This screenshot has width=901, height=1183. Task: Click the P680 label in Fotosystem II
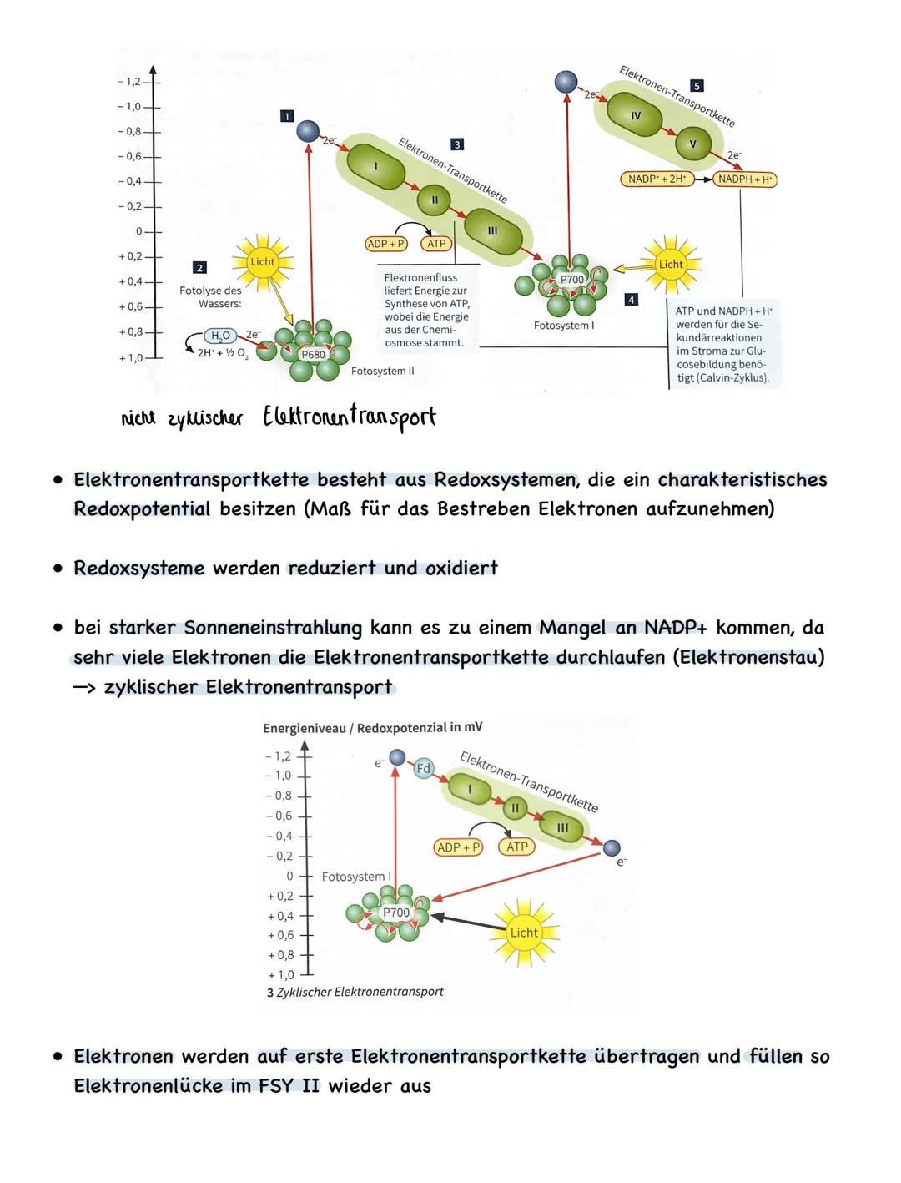point(314,355)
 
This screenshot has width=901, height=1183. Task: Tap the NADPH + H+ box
point(745,179)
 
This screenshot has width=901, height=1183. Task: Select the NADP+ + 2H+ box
point(657,179)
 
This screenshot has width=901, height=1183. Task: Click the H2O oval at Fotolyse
point(221,336)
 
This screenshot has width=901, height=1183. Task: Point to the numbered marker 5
point(697,86)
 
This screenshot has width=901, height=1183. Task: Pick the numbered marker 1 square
point(286,115)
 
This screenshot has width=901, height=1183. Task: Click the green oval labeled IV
point(636,115)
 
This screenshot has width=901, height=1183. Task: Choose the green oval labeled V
point(692,144)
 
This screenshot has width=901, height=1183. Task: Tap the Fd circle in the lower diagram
point(423,768)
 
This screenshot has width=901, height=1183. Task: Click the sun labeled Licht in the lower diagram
point(524,933)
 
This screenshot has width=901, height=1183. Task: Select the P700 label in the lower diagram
point(396,913)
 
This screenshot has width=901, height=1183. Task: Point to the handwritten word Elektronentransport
point(350,417)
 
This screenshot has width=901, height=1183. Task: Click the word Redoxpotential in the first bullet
point(142,509)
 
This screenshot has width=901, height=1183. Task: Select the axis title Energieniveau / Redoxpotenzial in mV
point(372,728)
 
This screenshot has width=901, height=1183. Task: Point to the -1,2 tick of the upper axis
point(130,83)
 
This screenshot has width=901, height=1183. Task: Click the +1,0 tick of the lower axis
point(281,974)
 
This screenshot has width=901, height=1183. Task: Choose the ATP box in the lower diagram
point(517,847)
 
